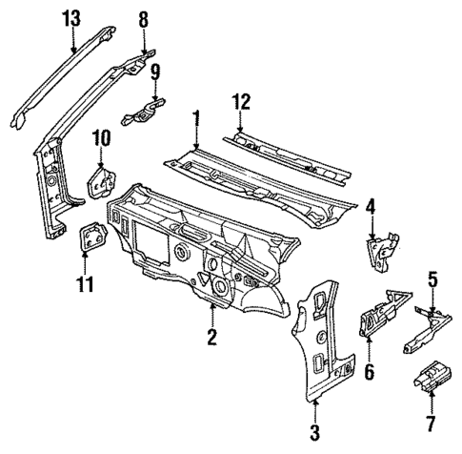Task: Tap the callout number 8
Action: coord(144,18)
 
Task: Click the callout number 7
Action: coord(431,423)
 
